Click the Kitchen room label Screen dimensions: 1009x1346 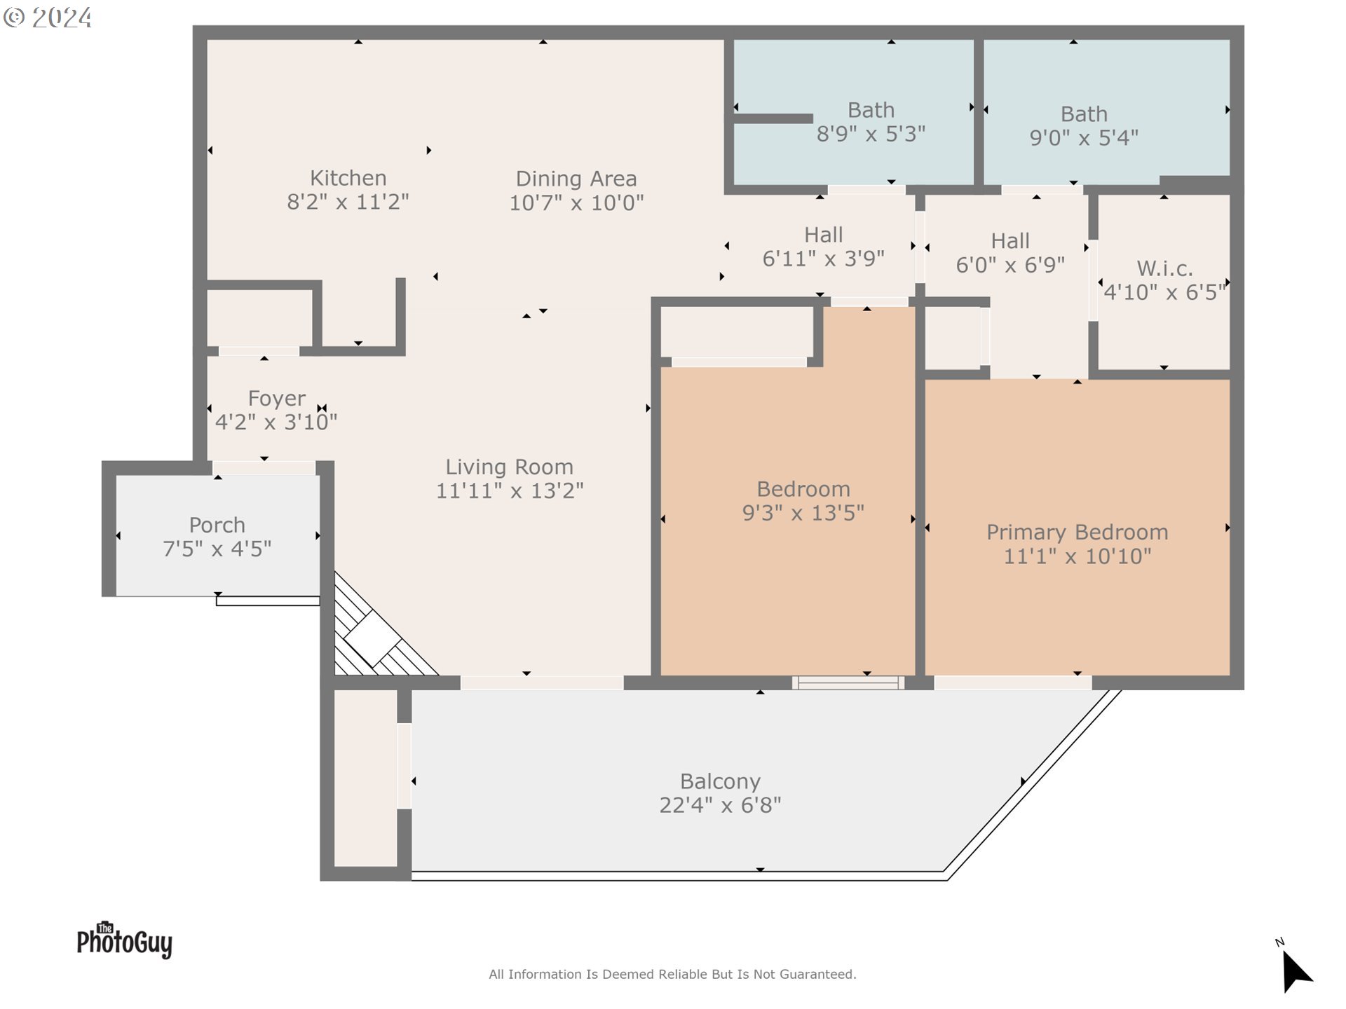[348, 178]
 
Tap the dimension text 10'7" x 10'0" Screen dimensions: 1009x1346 [576, 203]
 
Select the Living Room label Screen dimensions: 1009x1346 [509, 467]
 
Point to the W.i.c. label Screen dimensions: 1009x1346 [1164, 268]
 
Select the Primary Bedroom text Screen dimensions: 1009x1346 [1077, 533]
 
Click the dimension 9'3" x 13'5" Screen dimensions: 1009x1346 [803, 513]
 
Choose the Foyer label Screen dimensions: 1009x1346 [276, 399]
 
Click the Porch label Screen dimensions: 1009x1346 [217, 526]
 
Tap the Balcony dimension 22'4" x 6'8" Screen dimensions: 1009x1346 [720, 805]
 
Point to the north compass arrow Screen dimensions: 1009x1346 [1296, 971]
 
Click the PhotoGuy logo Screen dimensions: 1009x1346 [124, 940]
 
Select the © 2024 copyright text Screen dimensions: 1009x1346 [48, 18]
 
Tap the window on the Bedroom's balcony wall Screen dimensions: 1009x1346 [848, 682]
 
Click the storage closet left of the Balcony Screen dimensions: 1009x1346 [365, 778]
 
